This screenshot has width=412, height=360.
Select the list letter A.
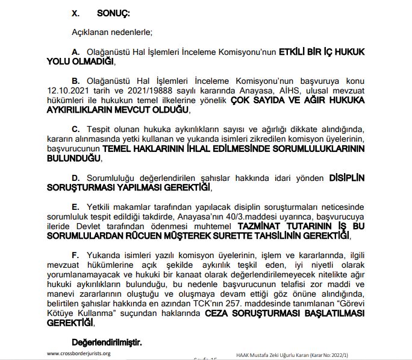tap(76, 52)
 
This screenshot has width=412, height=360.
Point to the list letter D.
tap(76, 179)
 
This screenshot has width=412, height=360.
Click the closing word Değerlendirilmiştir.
tap(107, 343)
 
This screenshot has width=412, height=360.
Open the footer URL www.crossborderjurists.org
tap(79, 353)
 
